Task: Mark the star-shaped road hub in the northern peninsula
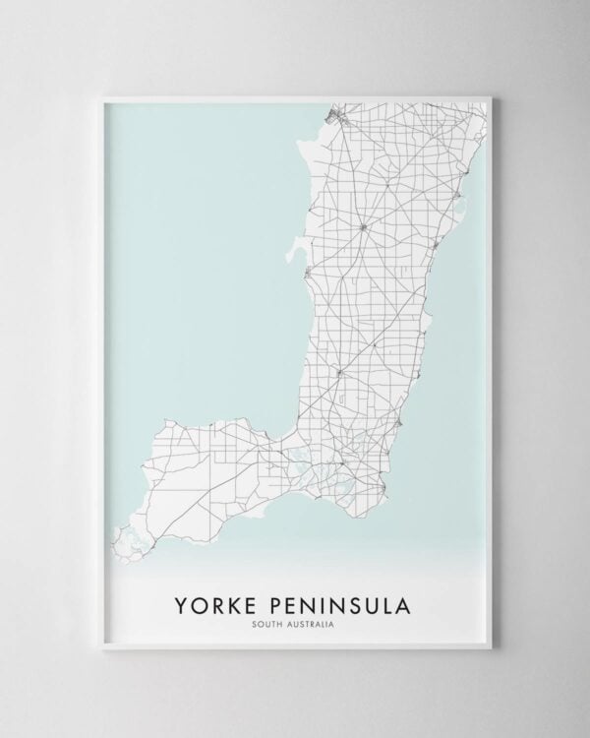(363, 228)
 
